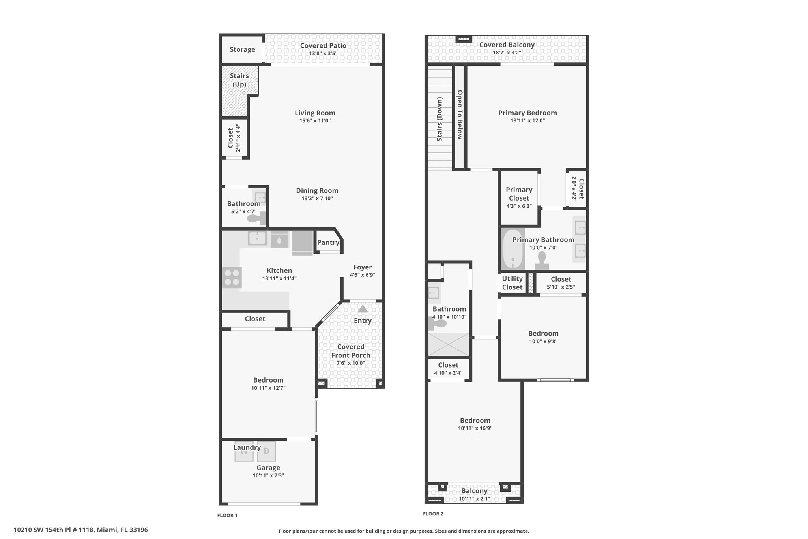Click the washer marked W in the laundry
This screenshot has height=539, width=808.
[x=244, y=451]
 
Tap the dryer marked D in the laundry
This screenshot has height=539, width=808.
[x=266, y=451]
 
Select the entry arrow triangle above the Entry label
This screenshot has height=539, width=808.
[x=363, y=309]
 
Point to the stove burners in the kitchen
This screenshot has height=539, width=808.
[x=232, y=277]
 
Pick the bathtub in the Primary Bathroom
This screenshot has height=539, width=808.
[x=513, y=249]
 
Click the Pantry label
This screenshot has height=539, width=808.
[x=328, y=242]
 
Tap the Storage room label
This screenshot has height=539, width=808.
[x=243, y=49]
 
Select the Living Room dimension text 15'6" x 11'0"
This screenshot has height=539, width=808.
[x=315, y=120]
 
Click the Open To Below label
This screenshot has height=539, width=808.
[x=460, y=115]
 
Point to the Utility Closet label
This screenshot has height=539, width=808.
[x=512, y=283]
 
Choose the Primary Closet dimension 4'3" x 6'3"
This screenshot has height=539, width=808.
[x=519, y=206]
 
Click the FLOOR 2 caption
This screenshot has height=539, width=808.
[x=433, y=514]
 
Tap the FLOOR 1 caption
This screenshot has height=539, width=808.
[x=227, y=515]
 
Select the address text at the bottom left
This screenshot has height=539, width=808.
[x=81, y=530]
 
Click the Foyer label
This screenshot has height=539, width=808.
[x=363, y=267]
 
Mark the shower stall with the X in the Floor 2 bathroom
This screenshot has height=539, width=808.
[x=449, y=344]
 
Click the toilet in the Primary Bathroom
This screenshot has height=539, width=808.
[x=542, y=261]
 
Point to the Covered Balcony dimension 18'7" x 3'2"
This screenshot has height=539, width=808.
[x=507, y=53]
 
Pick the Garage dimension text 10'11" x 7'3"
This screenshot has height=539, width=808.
[x=268, y=476]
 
